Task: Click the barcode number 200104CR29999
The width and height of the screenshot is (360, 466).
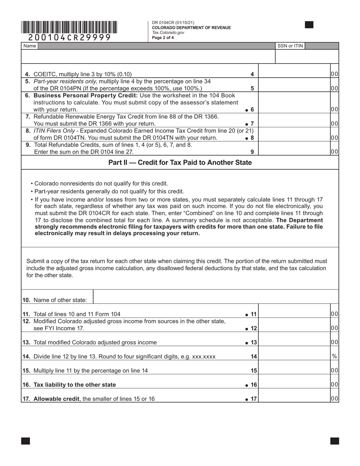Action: pos(70,38)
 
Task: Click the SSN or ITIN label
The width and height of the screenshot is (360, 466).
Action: pos(290,46)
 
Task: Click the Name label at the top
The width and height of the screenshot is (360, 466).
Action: pos(30,46)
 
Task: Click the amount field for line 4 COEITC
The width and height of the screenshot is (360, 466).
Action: pos(294,74)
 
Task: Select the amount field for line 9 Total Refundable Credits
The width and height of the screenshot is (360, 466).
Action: pos(294,152)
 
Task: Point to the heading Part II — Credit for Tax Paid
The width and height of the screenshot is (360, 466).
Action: pos(180,163)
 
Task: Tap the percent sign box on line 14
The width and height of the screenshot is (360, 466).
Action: pos(334,356)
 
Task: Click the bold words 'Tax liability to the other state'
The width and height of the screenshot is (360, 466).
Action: pos(75,385)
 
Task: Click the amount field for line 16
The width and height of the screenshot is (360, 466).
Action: pos(294,384)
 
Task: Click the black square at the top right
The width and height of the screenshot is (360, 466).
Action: pos(309,25)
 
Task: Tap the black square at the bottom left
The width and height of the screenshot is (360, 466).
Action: pos(25,441)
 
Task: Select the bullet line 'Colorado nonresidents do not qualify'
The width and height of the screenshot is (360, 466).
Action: pos(101,183)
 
